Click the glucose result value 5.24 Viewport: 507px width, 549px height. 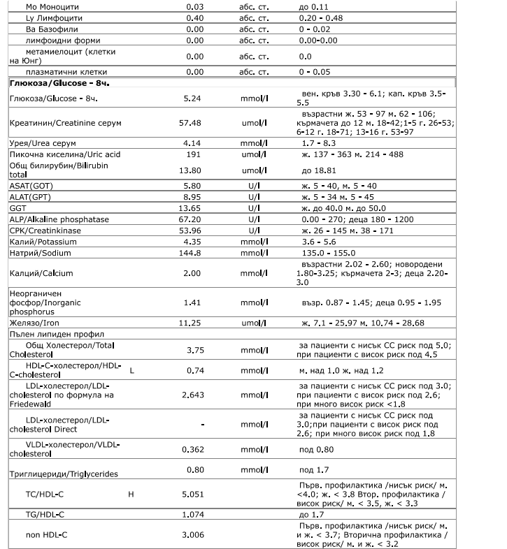point(192,98)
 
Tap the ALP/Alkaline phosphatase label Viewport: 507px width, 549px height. point(59,219)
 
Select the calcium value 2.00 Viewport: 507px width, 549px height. point(192,273)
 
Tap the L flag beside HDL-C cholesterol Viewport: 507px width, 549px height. point(131,370)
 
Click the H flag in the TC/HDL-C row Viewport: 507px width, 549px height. point(131,495)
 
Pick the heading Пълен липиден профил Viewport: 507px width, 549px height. point(48,335)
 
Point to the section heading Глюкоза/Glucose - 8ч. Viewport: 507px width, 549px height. point(61,83)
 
